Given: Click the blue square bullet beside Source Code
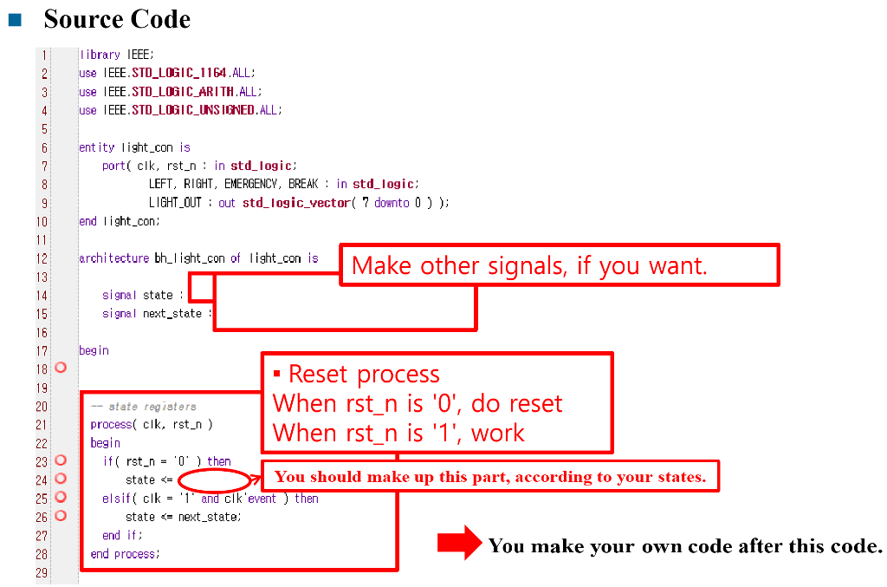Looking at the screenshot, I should tap(15, 18).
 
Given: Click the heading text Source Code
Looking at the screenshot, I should tap(117, 18).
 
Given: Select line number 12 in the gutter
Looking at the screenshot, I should tap(42, 258).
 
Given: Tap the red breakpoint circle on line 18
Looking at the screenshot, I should tap(61, 368).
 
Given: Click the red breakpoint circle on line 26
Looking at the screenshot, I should tap(61, 516).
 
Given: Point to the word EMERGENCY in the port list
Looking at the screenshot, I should tap(251, 184).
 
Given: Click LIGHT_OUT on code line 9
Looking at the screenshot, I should tap(176, 202).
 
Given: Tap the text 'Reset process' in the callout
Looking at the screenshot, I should tap(364, 375).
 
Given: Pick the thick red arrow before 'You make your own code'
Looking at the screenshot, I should tap(458, 544).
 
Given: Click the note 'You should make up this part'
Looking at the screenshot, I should tap(490, 476).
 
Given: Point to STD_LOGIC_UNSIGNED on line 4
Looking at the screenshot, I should tap(193, 110).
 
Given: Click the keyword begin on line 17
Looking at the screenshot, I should tap(94, 350).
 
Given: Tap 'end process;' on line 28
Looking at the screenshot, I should tap(126, 553).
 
